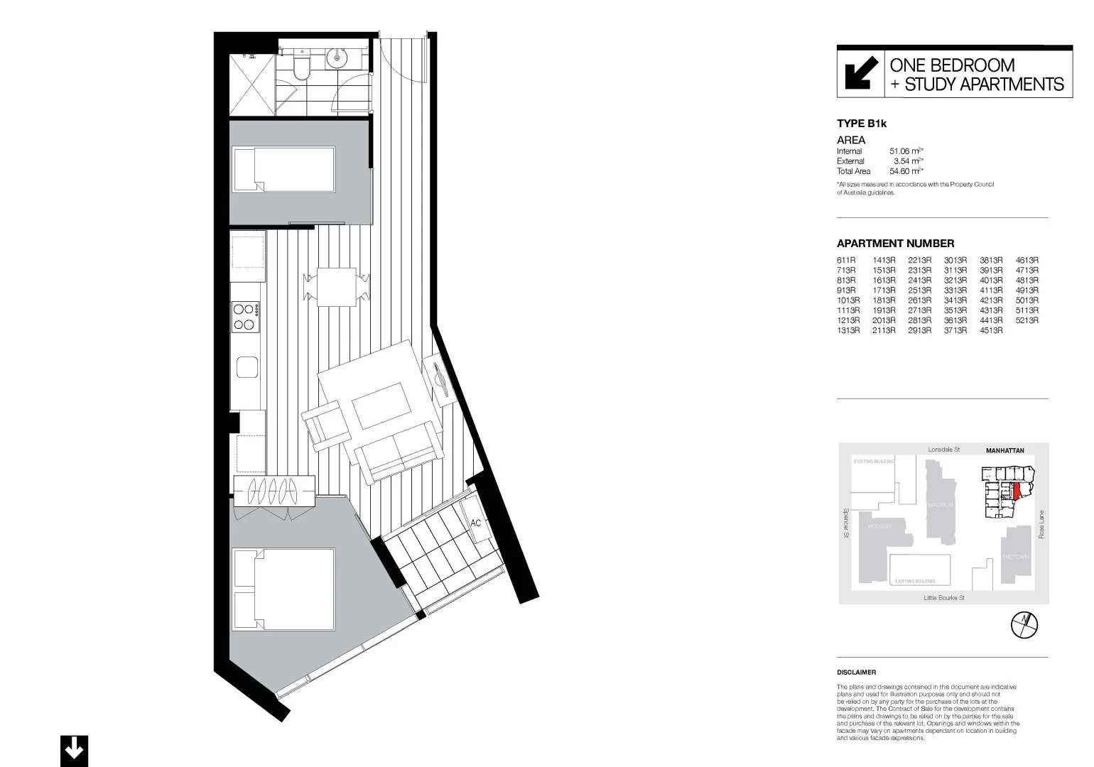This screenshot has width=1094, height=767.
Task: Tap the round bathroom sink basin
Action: (x=336, y=58)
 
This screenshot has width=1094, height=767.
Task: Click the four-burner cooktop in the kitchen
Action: (x=246, y=317)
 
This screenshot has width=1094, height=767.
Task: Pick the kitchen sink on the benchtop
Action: (x=247, y=368)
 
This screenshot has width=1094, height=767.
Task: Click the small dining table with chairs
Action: (x=337, y=286)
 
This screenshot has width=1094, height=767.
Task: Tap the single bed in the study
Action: (x=283, y=169)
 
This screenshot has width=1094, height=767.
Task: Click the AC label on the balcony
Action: (x=476, y=523)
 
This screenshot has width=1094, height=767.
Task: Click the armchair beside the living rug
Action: (x=325, y=425)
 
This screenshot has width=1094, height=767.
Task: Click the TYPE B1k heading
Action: (x=862, y=124)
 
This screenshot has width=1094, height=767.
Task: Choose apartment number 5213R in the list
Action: (x=1027, y=320)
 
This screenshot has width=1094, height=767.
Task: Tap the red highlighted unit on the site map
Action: (x=1017, y=491)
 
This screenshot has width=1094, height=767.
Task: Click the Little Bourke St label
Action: (x=943, y=598)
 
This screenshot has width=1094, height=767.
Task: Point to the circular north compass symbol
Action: (x=1024, y=624)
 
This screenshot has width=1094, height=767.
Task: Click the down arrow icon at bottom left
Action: (x=74, y=750)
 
